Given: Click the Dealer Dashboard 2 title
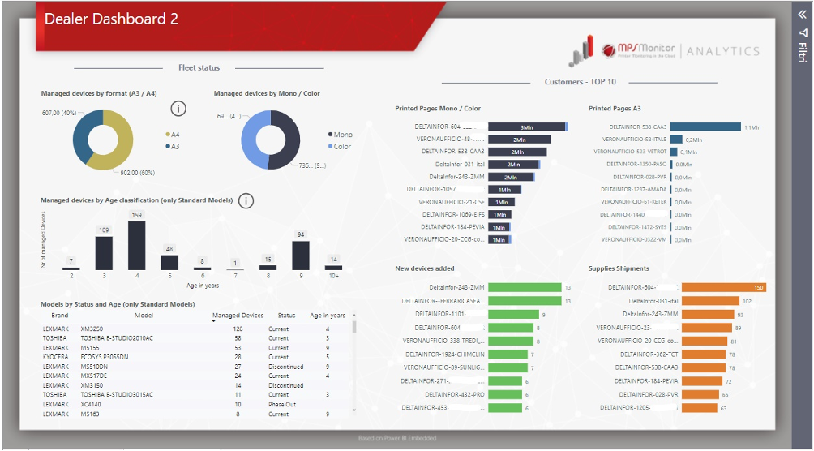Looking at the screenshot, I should pos(112,19).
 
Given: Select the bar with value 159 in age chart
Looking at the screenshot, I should pos(136,246).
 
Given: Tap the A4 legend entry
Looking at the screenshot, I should pos(173,135).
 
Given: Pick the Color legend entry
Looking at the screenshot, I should pos(340,147).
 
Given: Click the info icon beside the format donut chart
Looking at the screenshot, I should pos(180,109).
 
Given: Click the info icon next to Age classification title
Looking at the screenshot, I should pos(247,200).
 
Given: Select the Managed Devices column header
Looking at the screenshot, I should pos(238,315).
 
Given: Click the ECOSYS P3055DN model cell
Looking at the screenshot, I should pos(105,357).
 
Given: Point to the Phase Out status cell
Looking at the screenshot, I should pos(283,404).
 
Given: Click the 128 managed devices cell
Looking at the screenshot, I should pos(238,329).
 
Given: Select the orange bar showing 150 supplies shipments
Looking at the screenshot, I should pos(723,287).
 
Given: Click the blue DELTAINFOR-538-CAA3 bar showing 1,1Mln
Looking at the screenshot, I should pos(705,127).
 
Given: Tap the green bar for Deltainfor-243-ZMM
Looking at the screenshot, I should pos(525,287).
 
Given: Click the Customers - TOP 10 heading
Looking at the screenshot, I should pos(580,82).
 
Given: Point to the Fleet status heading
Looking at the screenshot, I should pos(199,68).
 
